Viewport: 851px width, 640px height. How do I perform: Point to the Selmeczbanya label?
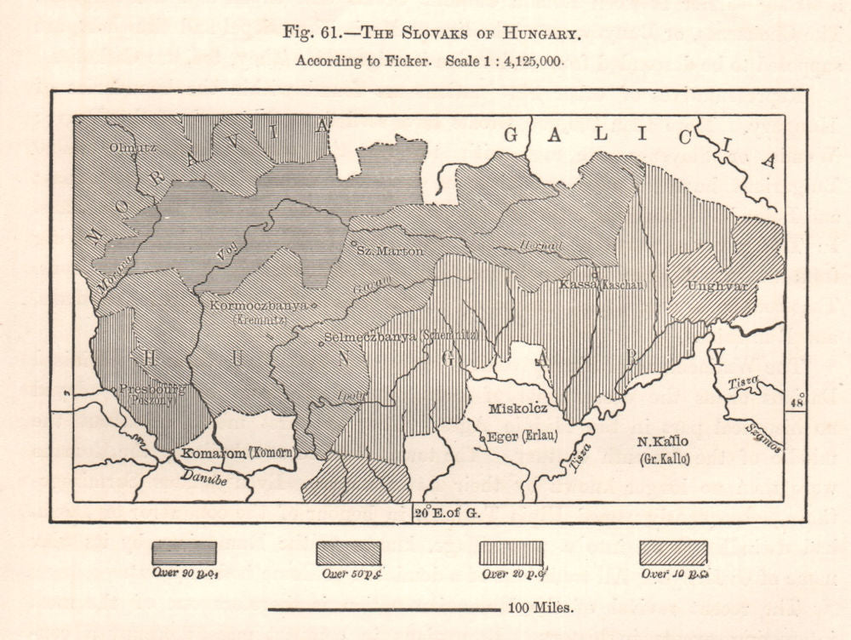(368, 336)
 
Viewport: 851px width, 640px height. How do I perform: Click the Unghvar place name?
(717, 286)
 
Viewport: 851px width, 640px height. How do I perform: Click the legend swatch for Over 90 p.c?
(184, 552)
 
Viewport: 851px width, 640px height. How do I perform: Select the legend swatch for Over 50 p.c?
(348, 552)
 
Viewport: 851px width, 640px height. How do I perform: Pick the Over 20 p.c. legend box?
(511, 552)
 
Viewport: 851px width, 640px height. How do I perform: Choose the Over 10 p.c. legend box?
(674, 552)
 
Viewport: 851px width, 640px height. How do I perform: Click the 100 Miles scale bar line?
(383, 609)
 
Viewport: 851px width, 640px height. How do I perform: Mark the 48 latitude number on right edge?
(797, 402)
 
